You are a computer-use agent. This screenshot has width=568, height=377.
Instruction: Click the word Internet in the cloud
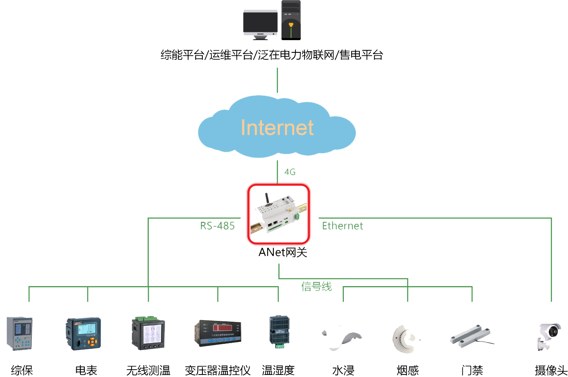click(277, 127)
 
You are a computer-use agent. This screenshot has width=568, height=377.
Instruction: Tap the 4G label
click(290, 172)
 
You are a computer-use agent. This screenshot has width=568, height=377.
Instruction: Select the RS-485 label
click(217, 226)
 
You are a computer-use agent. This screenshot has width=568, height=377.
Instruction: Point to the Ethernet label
click(342, 226)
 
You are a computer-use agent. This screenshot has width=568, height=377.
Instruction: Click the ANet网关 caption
click(283, 252)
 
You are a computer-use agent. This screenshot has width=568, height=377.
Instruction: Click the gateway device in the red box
click(279, 214)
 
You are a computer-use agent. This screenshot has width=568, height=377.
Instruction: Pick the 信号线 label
click(316, 287)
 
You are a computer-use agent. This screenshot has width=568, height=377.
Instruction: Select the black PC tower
click(291, 20)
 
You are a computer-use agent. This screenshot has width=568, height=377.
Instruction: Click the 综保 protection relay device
click(19, 333)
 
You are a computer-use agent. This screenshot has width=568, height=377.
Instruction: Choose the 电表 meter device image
click(84, 333)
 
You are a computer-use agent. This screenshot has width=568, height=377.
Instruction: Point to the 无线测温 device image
click(148, 332)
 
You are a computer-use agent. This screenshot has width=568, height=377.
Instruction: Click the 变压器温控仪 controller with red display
click(218, 333)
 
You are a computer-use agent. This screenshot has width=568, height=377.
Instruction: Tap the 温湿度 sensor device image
click(279, 332)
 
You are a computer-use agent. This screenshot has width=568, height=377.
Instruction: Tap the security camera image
click(549, 336)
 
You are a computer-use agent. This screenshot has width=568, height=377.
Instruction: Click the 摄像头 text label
click(551, 370)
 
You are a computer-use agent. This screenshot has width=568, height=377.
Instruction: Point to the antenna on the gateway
click(267, 199)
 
